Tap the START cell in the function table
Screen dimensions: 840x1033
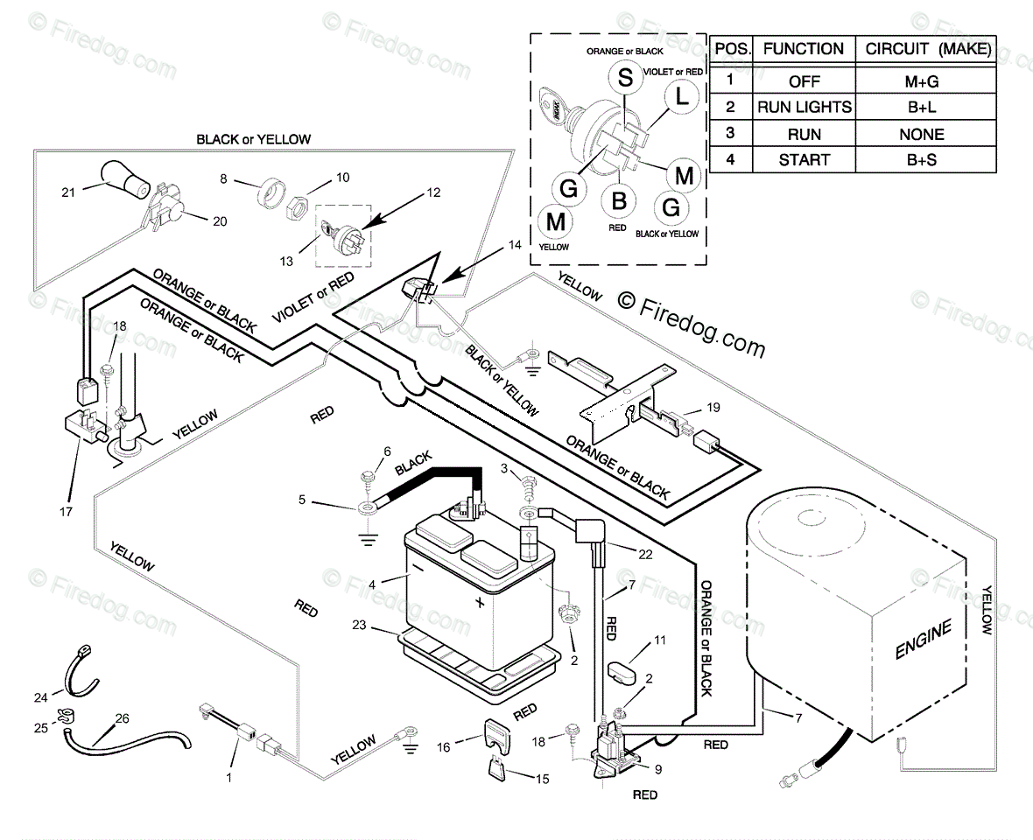tap(804, 160)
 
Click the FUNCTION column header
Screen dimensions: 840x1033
tap(803, 49)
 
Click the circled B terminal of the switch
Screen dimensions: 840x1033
tap(618, 201)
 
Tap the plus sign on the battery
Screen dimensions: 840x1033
tap(479, 603)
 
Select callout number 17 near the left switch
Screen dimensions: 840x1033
tap(66, 511)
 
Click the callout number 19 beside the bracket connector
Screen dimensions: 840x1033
tap(713, 408)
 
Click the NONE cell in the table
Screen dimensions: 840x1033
tap(922, 135)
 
